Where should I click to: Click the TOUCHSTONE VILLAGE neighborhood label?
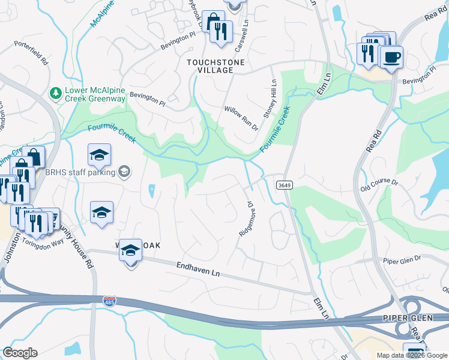(x=209, y=66)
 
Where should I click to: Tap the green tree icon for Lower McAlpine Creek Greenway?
(x=56, y=93)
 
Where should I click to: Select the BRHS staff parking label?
(x=80, y=172)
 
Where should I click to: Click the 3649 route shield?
(x=285, y=185)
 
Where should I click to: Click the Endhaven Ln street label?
(x=199, y=269)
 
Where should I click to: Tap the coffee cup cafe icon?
(x=391, y=58)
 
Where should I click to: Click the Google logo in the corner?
(x=20, y=353)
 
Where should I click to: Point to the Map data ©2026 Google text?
(x=412, y=355)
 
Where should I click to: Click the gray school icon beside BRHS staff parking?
(x=124, y=172)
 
